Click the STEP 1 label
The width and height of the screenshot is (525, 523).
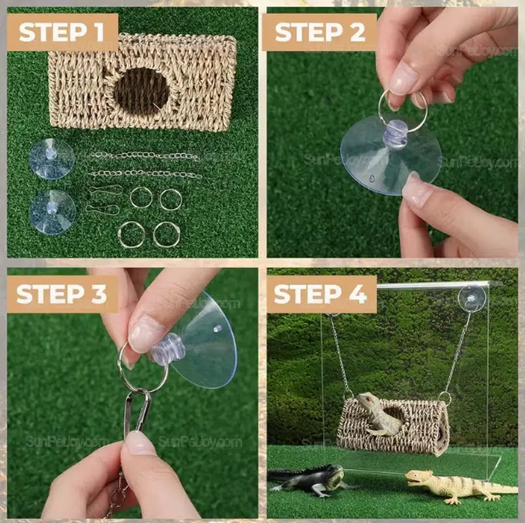pos(63,32)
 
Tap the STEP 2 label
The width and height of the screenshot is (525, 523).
pos(319,32)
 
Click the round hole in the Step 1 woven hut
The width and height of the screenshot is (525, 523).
pos(140,91)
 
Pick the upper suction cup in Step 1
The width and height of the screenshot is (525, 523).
pos(51,158)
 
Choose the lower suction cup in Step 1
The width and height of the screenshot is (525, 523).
pos(52,211)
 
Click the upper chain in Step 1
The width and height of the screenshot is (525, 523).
pos(144,156)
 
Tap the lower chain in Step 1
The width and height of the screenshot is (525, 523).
pos(144,174)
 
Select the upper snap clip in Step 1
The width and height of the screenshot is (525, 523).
pos(105,190)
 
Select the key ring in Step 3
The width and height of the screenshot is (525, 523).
pos(141,367)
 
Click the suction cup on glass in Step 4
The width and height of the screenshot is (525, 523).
pos(471,297)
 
